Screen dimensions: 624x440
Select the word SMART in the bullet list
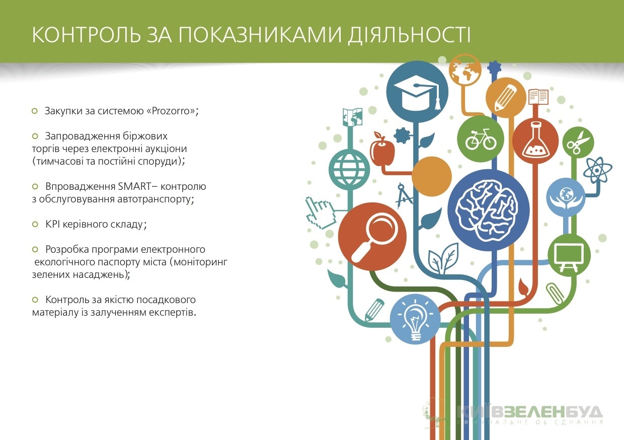134,186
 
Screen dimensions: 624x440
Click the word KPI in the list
53,224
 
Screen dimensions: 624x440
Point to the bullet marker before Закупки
35,111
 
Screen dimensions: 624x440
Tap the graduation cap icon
417,95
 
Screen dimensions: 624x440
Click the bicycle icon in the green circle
481,139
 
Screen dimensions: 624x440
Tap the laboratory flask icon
535,139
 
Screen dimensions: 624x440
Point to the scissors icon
578,142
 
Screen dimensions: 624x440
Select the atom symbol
597,170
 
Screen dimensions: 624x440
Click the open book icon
538,97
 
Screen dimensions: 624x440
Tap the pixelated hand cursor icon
321,212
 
